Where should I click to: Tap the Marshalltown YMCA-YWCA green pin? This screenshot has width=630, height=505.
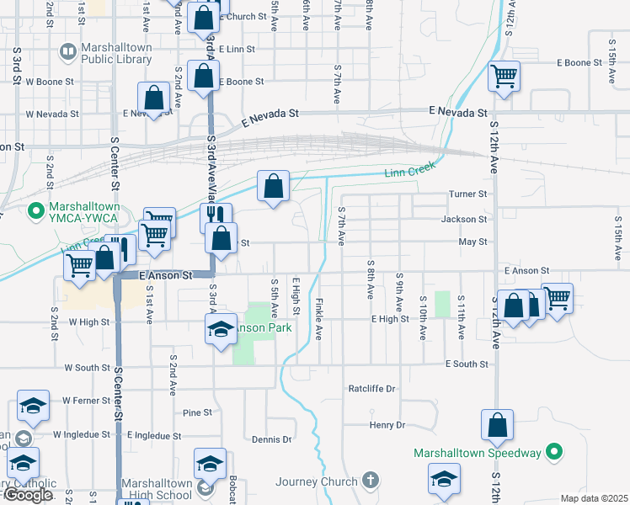tap(35, 209)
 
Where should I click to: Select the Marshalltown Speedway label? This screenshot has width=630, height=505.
tap(477, 453)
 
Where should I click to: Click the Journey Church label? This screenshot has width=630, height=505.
tap(317, 481)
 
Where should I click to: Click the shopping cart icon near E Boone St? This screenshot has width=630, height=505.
tap(504, 77)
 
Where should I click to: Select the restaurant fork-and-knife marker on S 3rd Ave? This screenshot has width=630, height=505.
tap(216, 216)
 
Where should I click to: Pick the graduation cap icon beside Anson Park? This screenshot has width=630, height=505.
tap(221, 327)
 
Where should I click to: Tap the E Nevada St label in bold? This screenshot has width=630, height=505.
tap(457, 111)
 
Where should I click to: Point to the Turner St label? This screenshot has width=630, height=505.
tap(468, 194)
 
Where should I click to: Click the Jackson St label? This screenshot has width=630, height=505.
tap(465, 219)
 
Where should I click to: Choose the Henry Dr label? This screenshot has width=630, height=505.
tap(387, 425)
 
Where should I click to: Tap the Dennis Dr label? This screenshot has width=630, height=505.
tap(271, 439)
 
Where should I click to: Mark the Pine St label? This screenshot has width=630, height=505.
tap(196, 413)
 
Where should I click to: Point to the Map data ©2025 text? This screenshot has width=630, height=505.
tap(594, 498)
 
